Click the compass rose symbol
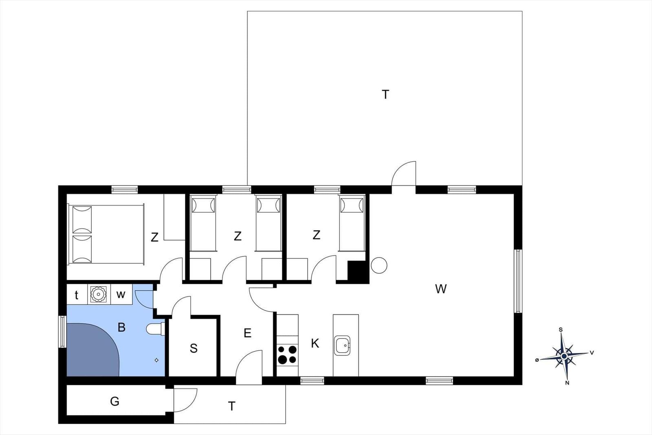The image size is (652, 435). (564, 356)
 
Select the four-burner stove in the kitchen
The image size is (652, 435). (287, 355)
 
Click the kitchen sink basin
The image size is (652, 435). (342, 346)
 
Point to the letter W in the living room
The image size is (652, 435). (441, 289)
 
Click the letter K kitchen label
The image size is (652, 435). (315, 344)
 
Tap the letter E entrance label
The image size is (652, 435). (247, 333)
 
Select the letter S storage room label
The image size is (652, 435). (194, 348)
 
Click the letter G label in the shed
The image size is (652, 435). (115, 402)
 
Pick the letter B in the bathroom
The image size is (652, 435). (121, 327)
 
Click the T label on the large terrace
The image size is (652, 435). (385, 95)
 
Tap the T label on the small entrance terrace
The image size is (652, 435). (232, 406)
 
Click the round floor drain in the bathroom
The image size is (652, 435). (156, 360)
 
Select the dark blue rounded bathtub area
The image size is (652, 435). (92, 350)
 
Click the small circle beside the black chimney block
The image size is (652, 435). (379, 265)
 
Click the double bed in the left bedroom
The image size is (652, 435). (106, 235)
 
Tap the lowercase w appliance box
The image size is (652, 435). (121, 294)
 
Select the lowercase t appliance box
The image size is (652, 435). (77, 294)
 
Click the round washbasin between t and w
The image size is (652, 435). (98, 294)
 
